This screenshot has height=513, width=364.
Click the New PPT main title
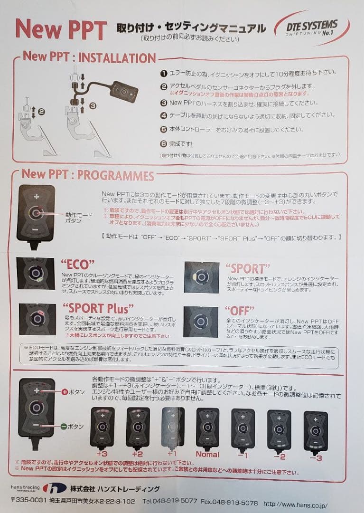[61, 29]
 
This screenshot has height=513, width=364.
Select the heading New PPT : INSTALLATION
[89, 57]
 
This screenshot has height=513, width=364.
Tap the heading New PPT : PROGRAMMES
[88, 175]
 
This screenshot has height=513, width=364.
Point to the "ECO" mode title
[77, 265]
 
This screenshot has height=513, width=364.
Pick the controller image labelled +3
[102, 427]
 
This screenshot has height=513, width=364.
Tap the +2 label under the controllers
[138, 454]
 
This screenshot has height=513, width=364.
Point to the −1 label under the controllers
[243, 455]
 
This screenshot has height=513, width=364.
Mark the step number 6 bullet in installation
[164, 143]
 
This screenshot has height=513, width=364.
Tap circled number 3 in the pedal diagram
[93, 105]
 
